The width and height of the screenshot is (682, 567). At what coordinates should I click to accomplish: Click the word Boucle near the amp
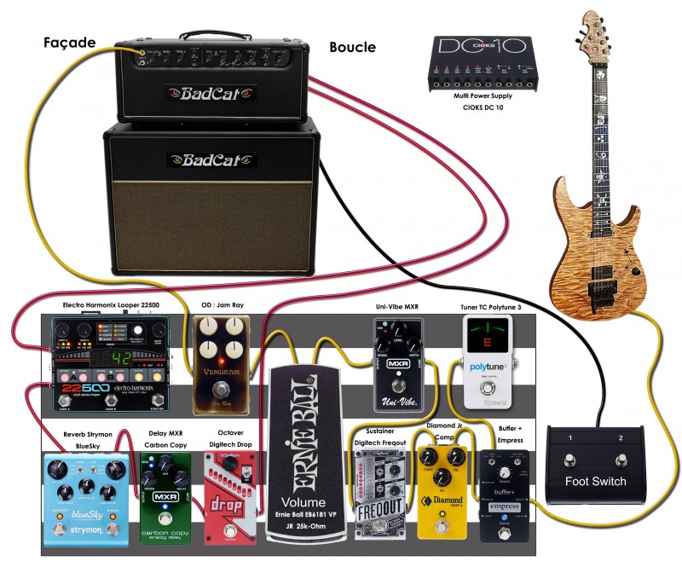[x=352, y=48]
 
